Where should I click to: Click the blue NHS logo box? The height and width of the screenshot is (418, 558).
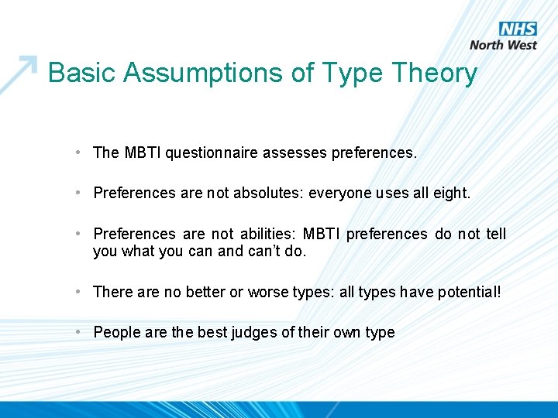pos(518,29)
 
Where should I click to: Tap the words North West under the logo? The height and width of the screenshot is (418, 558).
pos(503,45)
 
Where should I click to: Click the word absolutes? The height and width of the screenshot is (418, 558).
pos(265,193)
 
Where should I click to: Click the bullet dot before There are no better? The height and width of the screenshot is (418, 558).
pos(81,292)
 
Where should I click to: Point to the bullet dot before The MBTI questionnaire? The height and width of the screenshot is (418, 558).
pos(81,152)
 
